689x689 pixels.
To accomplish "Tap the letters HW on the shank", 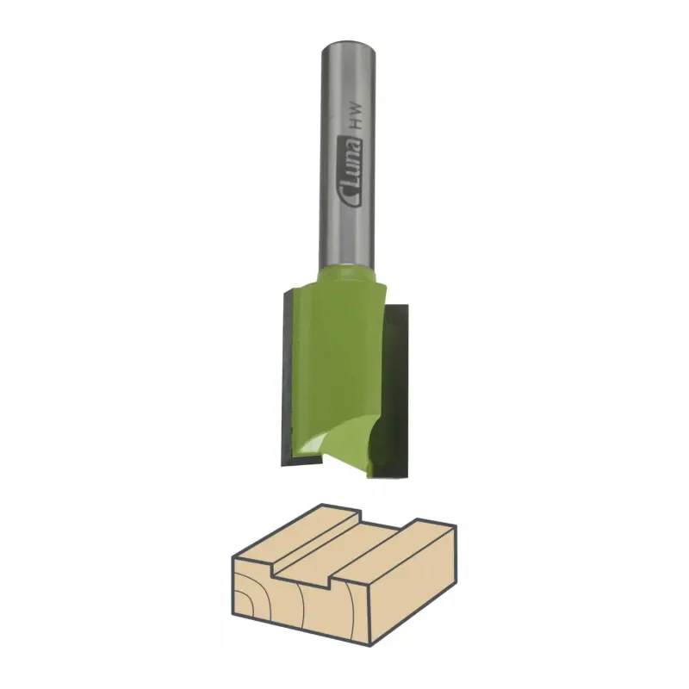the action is tap(357, 115).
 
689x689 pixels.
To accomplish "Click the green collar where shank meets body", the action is tap(347, 275).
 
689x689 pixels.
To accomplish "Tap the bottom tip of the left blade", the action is tap(282, 465).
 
